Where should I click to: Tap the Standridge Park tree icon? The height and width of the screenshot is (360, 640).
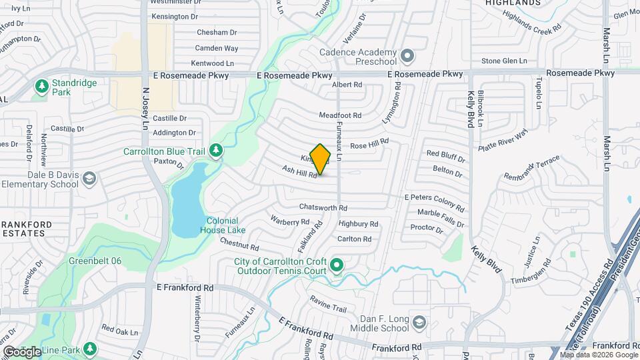tap(41, 86)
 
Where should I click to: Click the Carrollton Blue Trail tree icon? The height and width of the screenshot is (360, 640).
tap(215, 151)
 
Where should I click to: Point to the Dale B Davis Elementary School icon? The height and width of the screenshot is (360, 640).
tap(89, 178)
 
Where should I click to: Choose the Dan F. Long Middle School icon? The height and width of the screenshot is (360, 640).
tap(419, 323)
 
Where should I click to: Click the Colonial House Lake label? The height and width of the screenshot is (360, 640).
tap(222, 225)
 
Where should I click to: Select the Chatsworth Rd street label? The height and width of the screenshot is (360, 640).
tap(323, 208)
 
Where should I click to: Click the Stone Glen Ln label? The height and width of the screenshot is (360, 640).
tap(504, 61)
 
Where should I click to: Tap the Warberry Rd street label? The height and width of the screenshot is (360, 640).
tap(290, 220)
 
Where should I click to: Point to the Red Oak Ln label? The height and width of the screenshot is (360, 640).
tap(120, 331)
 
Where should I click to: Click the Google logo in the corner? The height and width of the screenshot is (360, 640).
tap(22, 351)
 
